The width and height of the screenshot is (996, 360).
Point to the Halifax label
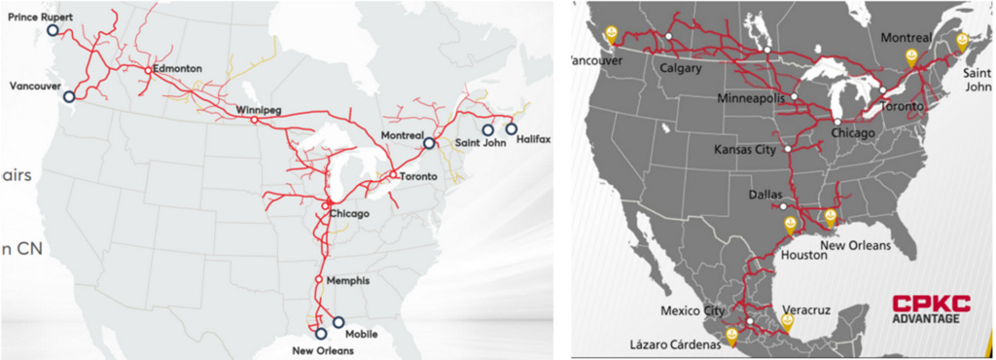pyautogui.click(x=534, y=139)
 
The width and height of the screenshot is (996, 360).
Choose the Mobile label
pyautogui.click(x=361, y=334)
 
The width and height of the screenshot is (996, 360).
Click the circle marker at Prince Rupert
pyautogui.click(x=53, y=31)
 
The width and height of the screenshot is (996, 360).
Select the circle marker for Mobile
pyautogui.click(x=338, y=322)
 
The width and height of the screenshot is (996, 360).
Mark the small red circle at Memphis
pyautogui.click(x=318, y=280)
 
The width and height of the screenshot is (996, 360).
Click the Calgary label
pyautogui.click(x=680, y=69)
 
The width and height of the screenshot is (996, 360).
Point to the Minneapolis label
pyautogui.click(x=752, y=99)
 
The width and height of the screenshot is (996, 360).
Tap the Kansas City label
pyautogui.click(x=746, y=150)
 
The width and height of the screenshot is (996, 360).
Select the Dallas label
pyautogui.click(x=766, y=195)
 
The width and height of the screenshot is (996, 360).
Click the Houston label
pyautogui.click(x=802, y=255)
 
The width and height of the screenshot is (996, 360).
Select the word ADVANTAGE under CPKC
pyautogui.click(x=925, y=319)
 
